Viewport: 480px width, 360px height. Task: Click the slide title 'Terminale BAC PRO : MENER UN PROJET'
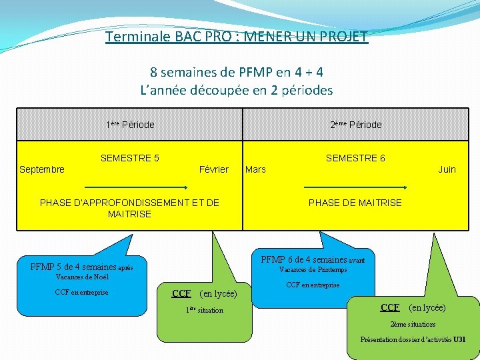pos(237,36)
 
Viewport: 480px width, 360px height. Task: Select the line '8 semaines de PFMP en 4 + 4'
pos(237,71)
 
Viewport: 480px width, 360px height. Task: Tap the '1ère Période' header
pos(130,125)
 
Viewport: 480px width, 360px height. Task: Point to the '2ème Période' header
pos(356,125)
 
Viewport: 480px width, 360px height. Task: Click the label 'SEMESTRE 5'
pos(129,158)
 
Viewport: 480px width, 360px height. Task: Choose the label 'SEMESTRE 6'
pos(355,158)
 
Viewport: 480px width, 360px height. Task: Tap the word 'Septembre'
pos(42,169)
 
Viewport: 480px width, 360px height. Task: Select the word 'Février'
pos(213,169)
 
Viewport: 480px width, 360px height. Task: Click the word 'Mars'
pos(255,169)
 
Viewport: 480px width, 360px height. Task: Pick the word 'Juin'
pos(447,169)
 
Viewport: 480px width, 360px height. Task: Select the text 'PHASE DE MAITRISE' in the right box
pos(355,203)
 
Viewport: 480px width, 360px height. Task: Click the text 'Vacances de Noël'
pos(82,277)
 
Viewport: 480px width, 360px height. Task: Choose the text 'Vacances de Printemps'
pos(313,270)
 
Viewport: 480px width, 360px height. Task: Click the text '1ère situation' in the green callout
pos(204,310)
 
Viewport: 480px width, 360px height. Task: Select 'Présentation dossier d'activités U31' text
pos(413,339)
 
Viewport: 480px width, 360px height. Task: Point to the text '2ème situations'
pos(413,324)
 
